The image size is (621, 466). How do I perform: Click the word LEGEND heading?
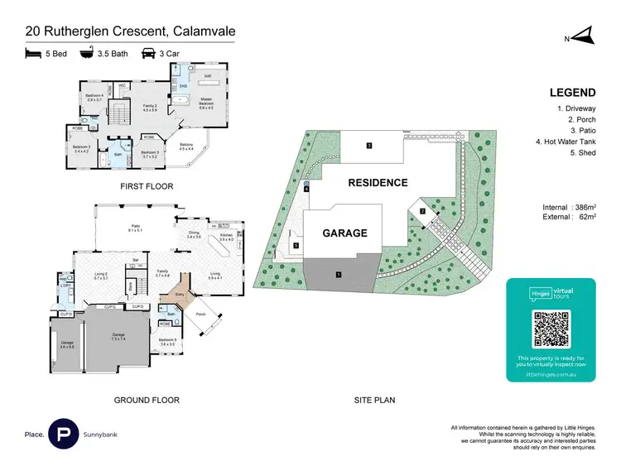(570, 94)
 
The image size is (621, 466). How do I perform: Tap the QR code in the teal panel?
(551, 329)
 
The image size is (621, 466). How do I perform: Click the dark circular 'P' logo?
(64, 434)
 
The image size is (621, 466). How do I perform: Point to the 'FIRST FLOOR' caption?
(147, 186)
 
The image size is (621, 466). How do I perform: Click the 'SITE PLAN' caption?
(374, 400)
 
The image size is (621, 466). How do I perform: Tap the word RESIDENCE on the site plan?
(377, 182)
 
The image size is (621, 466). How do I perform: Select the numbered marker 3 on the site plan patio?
(368, 146)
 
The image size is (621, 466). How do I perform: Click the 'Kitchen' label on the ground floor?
(225, 236)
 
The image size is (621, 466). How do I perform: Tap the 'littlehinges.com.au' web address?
(551, 374)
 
